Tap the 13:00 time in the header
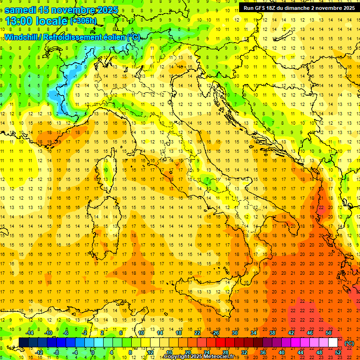point(19,21)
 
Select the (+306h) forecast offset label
point(83,21)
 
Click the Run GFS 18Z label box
point(298,7)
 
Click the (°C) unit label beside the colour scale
point(349,343)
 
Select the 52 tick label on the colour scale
point(338,352)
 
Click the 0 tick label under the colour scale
point(92,352)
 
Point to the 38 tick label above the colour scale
point(272,333)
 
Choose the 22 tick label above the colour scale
point(197,333)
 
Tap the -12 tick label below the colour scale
point(39,352)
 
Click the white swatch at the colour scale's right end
point(333,343)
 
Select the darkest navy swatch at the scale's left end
point(23,343)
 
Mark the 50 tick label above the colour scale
point(329,333)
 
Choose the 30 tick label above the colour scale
point(234,333)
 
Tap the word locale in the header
point(52,21)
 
